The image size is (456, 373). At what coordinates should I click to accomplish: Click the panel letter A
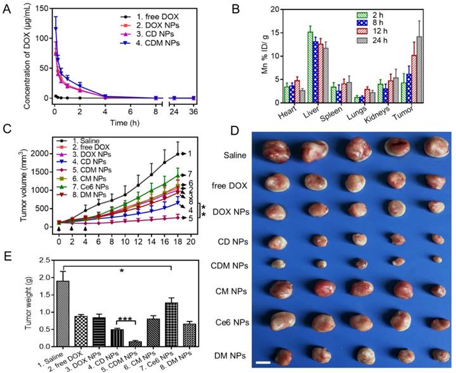8,9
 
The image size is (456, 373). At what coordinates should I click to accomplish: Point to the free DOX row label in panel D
227,184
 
